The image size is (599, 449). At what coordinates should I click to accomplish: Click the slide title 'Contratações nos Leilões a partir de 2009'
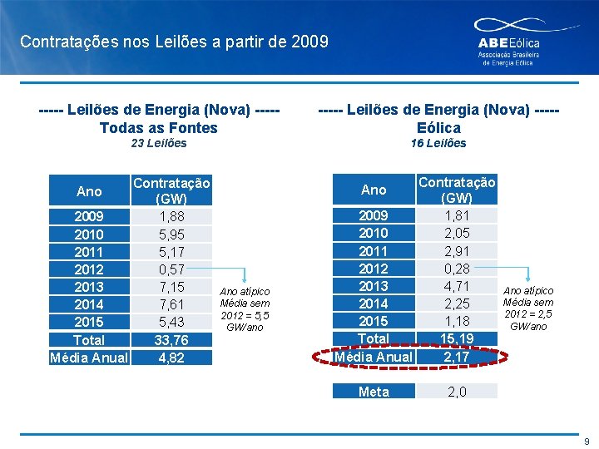pos(174,41)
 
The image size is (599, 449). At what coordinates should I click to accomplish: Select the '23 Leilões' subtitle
pos(159,143)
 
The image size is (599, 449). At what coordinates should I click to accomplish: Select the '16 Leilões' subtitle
pos(438,143)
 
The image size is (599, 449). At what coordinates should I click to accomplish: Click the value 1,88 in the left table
pos(171,217)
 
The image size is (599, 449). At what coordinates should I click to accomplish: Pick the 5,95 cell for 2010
pos(171,234)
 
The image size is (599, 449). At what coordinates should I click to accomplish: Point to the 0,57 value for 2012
pos(171,269)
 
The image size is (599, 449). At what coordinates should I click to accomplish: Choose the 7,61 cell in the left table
pos(171,304)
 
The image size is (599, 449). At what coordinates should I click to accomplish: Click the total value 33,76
pos(171,340)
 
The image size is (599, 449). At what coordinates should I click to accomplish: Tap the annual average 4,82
pos(171,358)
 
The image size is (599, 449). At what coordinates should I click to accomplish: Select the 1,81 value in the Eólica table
pos(457,216)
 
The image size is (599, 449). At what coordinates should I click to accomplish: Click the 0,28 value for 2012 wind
pos(457,269)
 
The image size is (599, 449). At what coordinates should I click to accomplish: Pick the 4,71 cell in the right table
pos(457,286)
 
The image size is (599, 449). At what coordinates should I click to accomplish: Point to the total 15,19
pos(457,338)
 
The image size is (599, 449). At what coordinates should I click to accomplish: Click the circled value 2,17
pos(457,357)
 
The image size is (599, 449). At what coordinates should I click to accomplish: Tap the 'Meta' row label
pos(374,392)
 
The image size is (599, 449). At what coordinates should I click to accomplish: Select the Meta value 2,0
pos(457,392)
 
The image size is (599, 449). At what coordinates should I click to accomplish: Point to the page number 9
pos(586,442)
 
